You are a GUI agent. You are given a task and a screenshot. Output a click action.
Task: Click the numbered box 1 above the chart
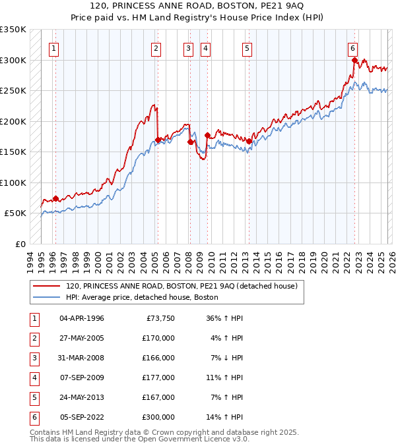coord(53,48)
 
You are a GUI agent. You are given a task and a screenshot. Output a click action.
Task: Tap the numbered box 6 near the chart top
coord(353,48)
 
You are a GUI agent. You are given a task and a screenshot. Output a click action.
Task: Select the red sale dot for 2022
coord(354,61)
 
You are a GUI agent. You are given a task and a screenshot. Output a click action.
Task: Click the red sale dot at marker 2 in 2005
coord(158,140)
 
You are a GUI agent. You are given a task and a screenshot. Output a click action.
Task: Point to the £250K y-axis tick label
coord(13,91)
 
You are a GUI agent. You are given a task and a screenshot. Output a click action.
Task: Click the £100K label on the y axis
coord(13,182)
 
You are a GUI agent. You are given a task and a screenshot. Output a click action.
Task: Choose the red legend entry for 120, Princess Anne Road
coord(182,286)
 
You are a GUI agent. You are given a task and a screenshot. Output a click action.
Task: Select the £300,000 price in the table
coord(158,417)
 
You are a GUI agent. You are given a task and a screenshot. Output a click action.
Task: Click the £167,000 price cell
coord(158,397)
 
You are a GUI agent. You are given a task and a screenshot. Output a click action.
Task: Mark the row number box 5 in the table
coord(33,397)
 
